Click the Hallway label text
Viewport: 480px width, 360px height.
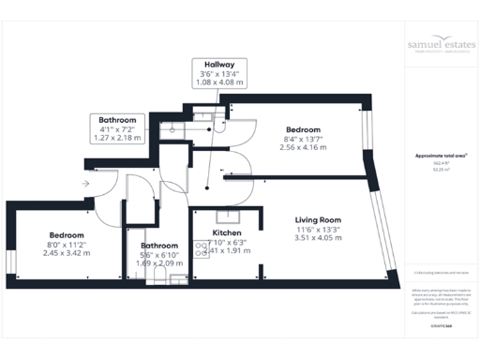click(206, 63)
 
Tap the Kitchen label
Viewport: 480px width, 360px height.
click(229, 232)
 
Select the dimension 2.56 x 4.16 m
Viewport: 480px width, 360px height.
click(304, 148)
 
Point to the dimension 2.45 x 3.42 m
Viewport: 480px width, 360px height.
click(67, 253)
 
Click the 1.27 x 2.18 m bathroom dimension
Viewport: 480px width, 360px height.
click(117, 138)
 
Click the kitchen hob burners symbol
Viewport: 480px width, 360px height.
click(201, 249)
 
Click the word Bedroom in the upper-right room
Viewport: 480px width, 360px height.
click(304, 129)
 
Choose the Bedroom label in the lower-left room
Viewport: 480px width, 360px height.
click(67, 235)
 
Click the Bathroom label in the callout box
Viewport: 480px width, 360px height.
click(117, 120)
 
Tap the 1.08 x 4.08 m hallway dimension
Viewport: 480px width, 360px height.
click(206, 82)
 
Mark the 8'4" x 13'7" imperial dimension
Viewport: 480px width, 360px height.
click(304, 139)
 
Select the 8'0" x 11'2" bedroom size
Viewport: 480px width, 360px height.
click(67, 245)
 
